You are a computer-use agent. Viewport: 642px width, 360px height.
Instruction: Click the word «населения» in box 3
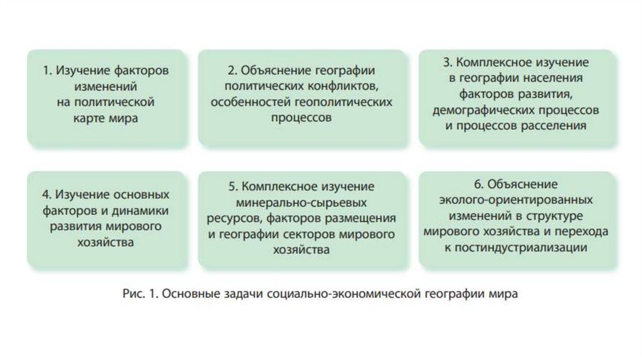tap(554, 78)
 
